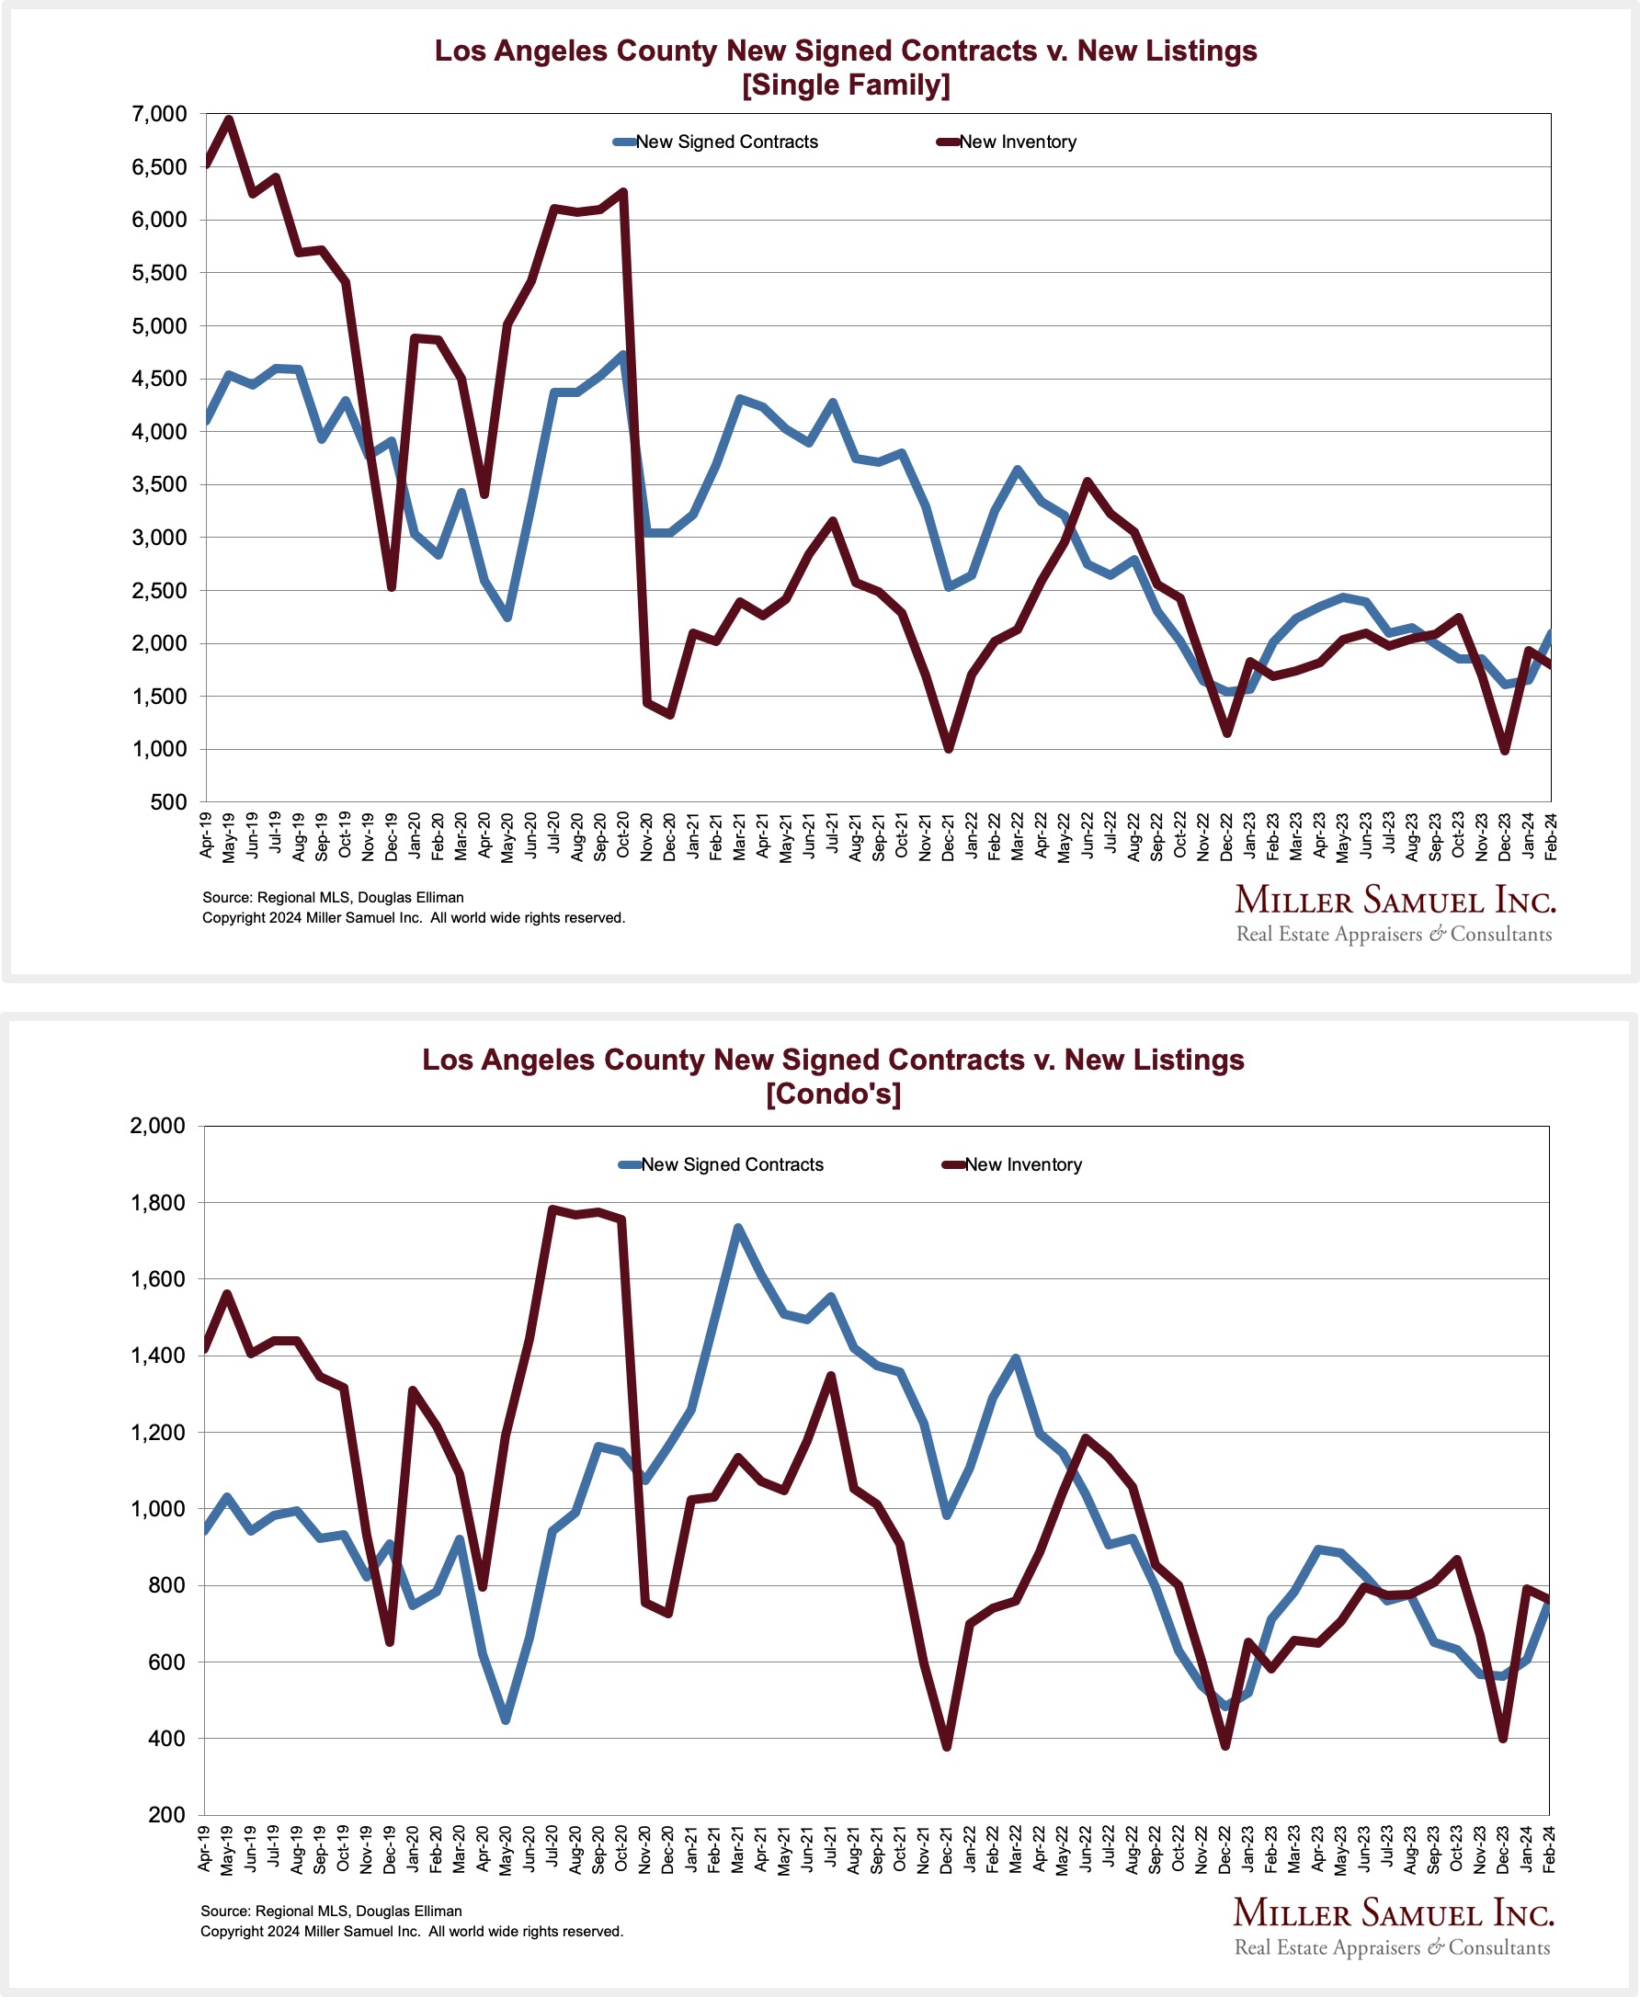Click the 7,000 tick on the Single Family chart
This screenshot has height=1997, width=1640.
[161, 114]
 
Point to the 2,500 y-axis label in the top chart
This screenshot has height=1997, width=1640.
[161, 591]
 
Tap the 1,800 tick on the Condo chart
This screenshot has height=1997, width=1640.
[159, 1203]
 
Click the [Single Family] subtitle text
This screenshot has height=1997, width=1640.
[846, 85]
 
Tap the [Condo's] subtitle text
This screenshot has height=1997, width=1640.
[833, 1095]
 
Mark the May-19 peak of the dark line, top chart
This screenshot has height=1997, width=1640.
[229, 119]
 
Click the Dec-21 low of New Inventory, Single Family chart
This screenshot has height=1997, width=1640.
[949, 749]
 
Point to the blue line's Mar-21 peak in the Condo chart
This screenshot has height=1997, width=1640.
[738, 1228]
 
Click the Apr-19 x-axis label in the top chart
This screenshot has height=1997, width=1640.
[206, 834]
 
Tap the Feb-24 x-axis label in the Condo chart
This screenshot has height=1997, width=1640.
[1549, 1849]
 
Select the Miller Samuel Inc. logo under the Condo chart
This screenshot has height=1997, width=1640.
[1393, 1926]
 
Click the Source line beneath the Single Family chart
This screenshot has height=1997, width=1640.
[333, 898]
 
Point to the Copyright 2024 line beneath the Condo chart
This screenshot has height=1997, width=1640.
[412, 1932]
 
